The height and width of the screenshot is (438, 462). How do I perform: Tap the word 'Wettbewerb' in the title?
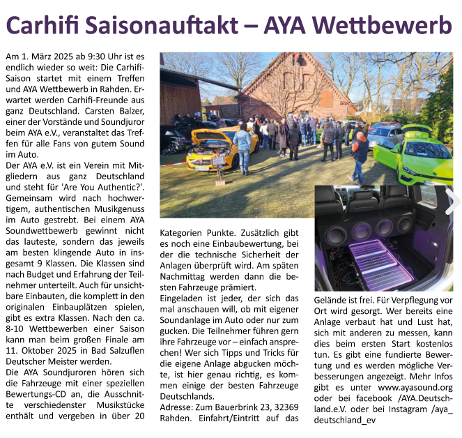point(383,26)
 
